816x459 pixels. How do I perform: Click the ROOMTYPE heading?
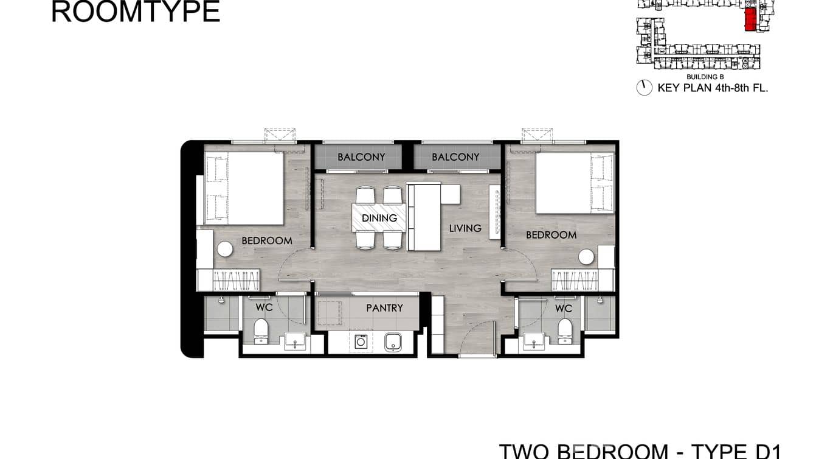point(135,12)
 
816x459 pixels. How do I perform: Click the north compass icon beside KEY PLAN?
point(644,88)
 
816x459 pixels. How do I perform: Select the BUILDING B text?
point(705,77)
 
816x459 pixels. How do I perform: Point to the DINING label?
point(379,218)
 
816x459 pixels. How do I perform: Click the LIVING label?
point(465,228)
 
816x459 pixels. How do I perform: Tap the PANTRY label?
point(384,308)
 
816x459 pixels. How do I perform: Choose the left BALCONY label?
point(361,157)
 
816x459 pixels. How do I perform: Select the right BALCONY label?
point(455,157)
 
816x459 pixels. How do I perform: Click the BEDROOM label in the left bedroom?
point(267,240)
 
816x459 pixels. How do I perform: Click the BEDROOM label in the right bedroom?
point(551,235)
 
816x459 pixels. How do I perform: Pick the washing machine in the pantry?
point(361,342)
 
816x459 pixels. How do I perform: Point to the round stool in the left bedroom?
point(225,250)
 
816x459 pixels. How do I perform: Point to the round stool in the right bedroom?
point(586,257)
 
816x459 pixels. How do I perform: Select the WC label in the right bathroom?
point(564,309)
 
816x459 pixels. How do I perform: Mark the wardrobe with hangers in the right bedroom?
point(575,281)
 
